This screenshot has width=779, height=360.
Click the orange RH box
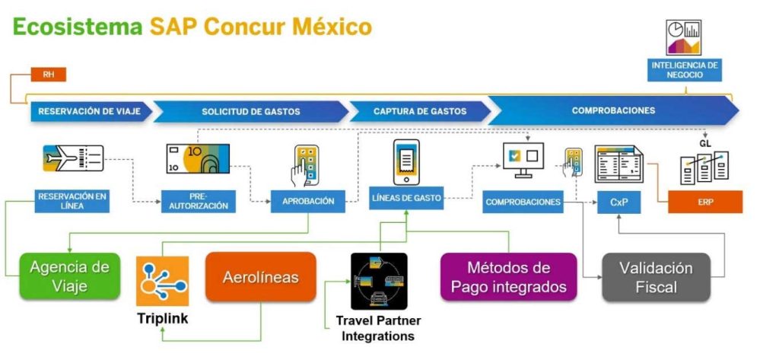[x=48, y=75]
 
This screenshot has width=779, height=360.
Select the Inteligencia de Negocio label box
[x=684, y=70]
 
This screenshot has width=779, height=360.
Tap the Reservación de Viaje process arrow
[x=91, y=111]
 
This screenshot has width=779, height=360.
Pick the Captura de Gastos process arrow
[x=420, y=111]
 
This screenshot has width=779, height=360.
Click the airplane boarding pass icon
[x=73, y=158]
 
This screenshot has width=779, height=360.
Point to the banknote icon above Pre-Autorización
[x=198, y=158]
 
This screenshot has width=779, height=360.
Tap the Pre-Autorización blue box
[x=199, y=202]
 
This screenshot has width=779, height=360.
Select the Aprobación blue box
[x=308, y=202]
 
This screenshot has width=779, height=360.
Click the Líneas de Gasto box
[x=406, y=198]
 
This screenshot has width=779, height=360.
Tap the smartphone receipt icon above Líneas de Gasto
[x=406, y=162]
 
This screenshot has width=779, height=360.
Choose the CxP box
[x=618, y=202]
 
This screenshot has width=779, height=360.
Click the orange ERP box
[x=705, y=202]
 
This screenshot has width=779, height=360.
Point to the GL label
[x=705, y=144]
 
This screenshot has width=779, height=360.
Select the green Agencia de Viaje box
[x=69, y=276]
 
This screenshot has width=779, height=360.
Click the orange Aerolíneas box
[x=261, y=276]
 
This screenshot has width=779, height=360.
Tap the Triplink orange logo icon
[x=163, y=281]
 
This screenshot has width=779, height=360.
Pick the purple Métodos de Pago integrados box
[x=509, y=276]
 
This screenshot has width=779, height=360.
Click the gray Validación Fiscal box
[x=656, y=277]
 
